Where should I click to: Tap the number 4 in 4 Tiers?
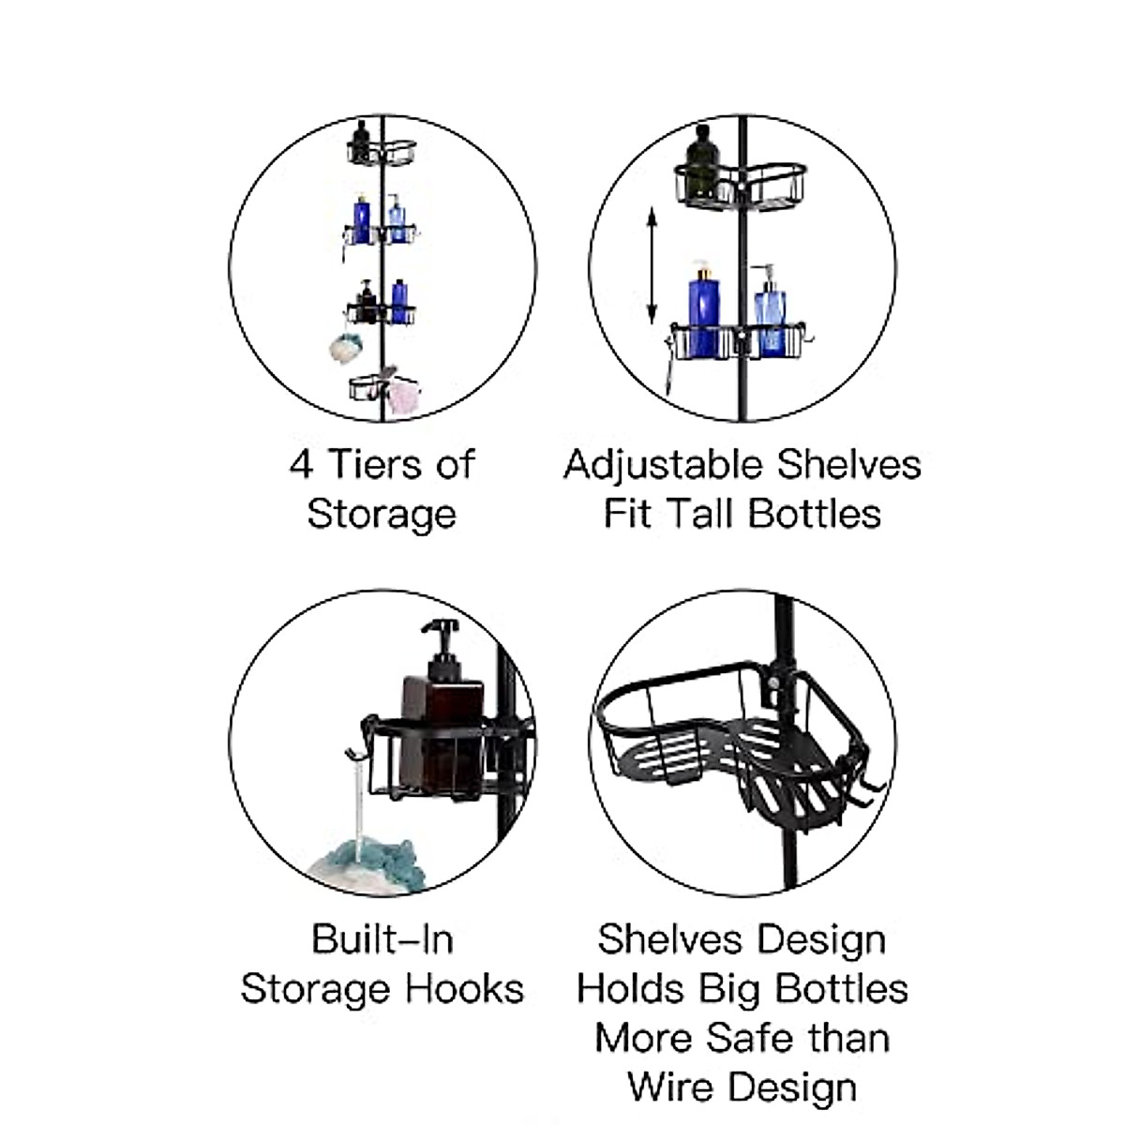pos(300,464)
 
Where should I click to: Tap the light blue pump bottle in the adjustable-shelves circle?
pos(771,314)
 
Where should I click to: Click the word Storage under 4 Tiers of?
pos(382,515)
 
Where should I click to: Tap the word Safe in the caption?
pos(752,1039)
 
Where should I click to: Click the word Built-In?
pos(382,939)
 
